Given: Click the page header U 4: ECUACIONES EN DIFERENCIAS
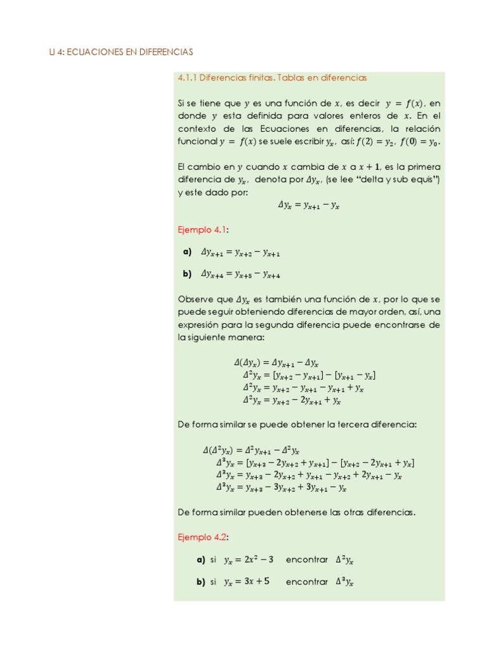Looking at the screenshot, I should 121,51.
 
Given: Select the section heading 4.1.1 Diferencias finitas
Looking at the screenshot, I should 272,77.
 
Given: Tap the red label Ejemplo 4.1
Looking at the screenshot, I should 203,229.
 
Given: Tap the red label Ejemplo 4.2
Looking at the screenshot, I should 203,537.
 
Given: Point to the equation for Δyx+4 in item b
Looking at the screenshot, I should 240,274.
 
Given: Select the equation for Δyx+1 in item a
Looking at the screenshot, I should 240,252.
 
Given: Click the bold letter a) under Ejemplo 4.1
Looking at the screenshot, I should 187,252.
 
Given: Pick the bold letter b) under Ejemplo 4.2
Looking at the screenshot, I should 201,582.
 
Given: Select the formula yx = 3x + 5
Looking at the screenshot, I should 247,582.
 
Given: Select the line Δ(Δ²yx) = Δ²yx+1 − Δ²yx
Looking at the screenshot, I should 250,450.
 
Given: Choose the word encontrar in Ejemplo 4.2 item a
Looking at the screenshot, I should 307,560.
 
